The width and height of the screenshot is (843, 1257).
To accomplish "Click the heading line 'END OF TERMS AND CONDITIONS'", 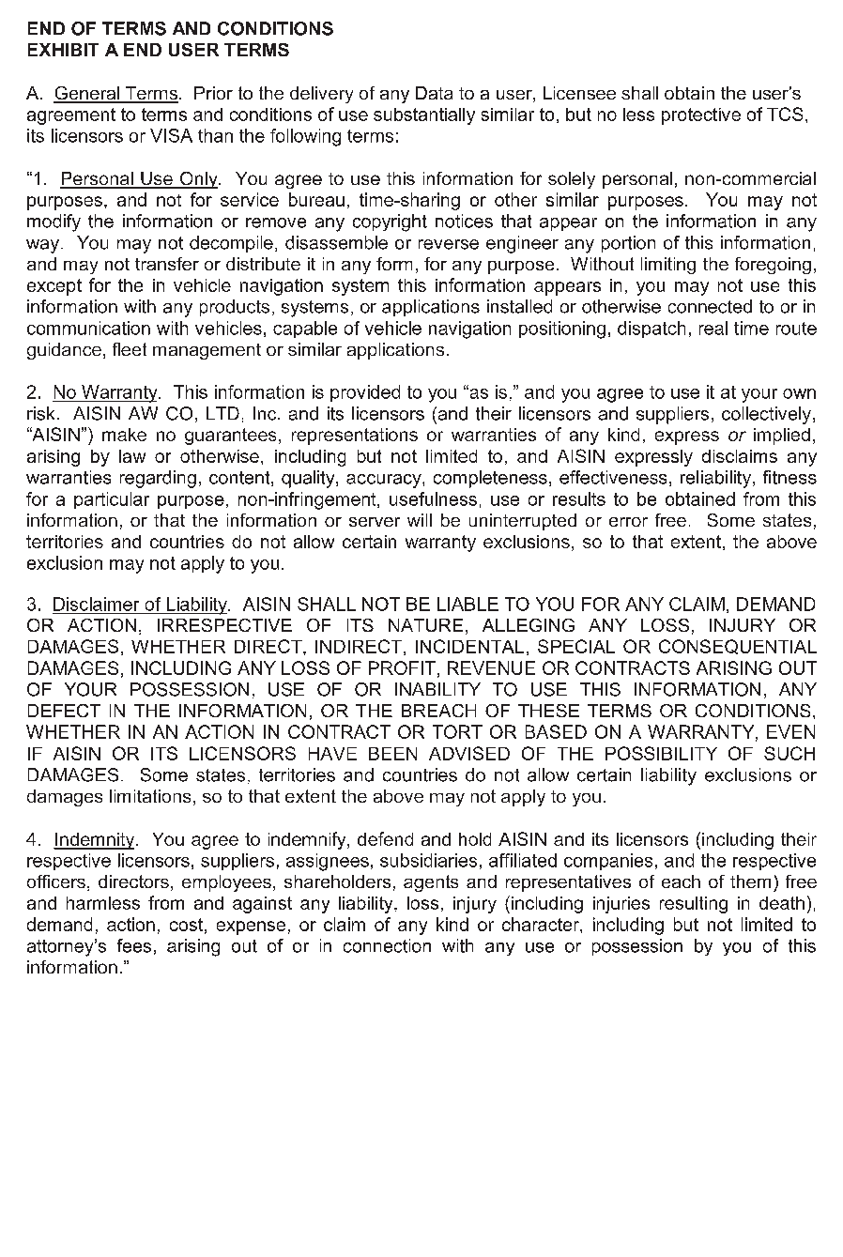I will (179, 29).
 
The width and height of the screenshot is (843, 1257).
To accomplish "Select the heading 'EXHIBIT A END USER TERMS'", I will (158, 51).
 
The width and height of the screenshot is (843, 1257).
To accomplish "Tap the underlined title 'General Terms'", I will (116, 94).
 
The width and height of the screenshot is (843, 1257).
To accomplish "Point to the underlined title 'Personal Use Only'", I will (139, 179).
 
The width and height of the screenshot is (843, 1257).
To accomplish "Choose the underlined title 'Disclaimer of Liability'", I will (140, 606).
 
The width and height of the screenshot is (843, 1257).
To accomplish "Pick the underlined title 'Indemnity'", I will (95, 840).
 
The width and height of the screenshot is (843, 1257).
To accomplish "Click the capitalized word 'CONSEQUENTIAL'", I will (737, 648).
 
